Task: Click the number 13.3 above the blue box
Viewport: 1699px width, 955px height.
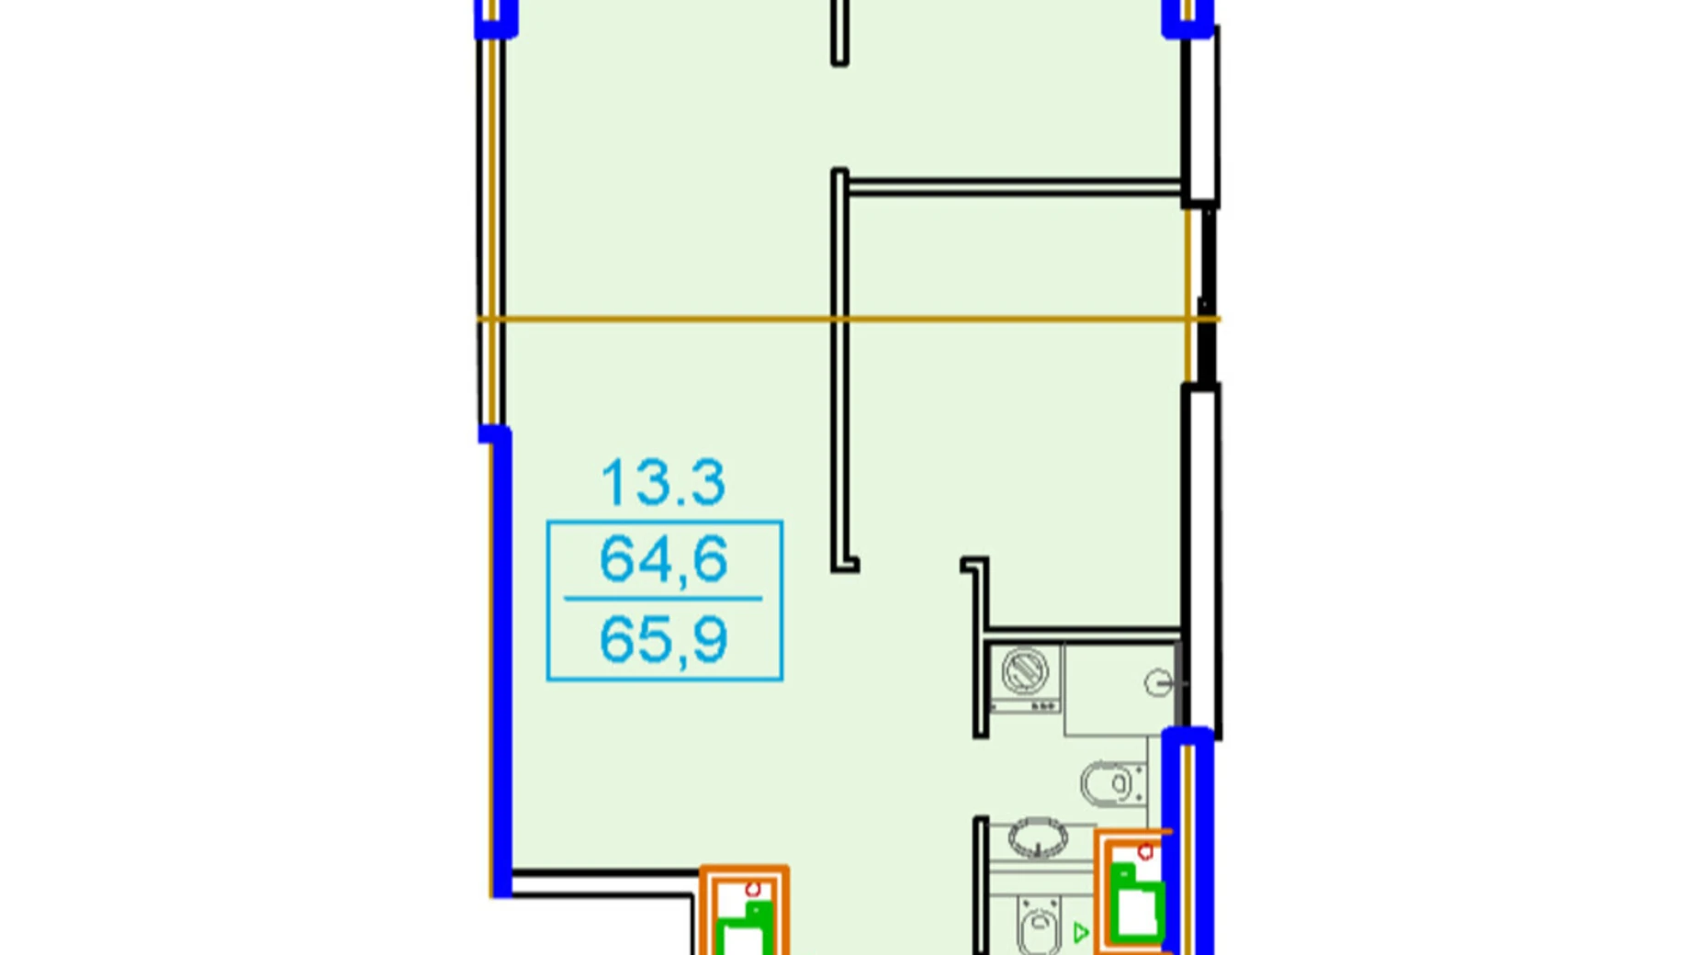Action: pos(663,483)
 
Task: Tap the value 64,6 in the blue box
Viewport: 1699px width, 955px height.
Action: pos(663,559)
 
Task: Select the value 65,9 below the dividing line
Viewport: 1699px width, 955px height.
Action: pos(663,639)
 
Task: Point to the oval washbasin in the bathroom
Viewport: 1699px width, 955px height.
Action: pos(1038,837)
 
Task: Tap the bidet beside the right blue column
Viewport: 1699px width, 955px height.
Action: pos(1111,783)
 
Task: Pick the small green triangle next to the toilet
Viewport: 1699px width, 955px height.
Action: pos(1081,933)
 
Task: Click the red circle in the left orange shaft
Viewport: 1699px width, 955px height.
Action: pos(753,889)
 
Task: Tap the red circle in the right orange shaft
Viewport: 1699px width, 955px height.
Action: pos(1145,852)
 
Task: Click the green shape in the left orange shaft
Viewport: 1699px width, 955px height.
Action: pos(745,931)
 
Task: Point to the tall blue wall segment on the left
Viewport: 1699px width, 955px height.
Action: pos(501,661)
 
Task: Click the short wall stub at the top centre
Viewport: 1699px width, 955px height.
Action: pos(839,32)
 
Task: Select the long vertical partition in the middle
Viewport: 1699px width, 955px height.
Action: pos(839,367)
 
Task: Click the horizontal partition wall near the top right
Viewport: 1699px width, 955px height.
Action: pos(1010,187)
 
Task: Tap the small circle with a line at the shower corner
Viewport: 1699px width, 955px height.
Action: pos(1159,682)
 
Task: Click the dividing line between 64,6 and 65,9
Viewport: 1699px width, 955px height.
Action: pos(663,599)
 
